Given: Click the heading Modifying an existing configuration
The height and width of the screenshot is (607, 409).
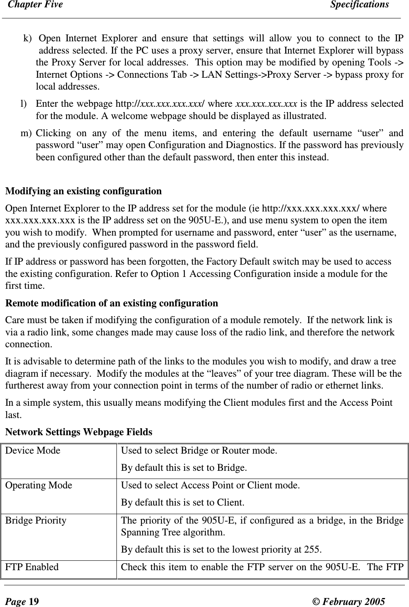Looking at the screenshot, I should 83,191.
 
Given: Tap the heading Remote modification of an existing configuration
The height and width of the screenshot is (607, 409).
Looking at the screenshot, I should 112,303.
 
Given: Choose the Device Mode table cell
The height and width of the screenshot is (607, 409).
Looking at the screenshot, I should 33,451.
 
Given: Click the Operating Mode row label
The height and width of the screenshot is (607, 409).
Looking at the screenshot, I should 39,486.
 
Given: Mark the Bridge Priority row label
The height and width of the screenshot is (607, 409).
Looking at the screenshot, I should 36,521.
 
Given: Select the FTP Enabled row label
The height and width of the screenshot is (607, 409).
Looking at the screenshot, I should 32,567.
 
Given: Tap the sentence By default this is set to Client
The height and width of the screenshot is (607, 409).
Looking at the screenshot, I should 183,502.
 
